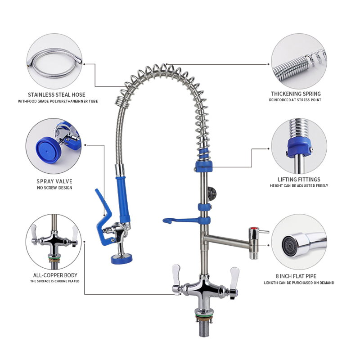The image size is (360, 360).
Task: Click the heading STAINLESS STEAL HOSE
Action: click(57, 94)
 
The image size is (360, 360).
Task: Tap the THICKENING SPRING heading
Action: click(295, 94)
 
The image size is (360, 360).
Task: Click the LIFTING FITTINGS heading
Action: click(298, 179)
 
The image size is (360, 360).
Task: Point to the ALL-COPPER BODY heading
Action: click(55, 275)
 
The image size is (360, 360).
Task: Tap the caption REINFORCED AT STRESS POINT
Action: click(295, 100)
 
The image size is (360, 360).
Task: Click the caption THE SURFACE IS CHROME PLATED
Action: click(55, 281)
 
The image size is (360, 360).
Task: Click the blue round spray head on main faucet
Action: click(120, 258)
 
